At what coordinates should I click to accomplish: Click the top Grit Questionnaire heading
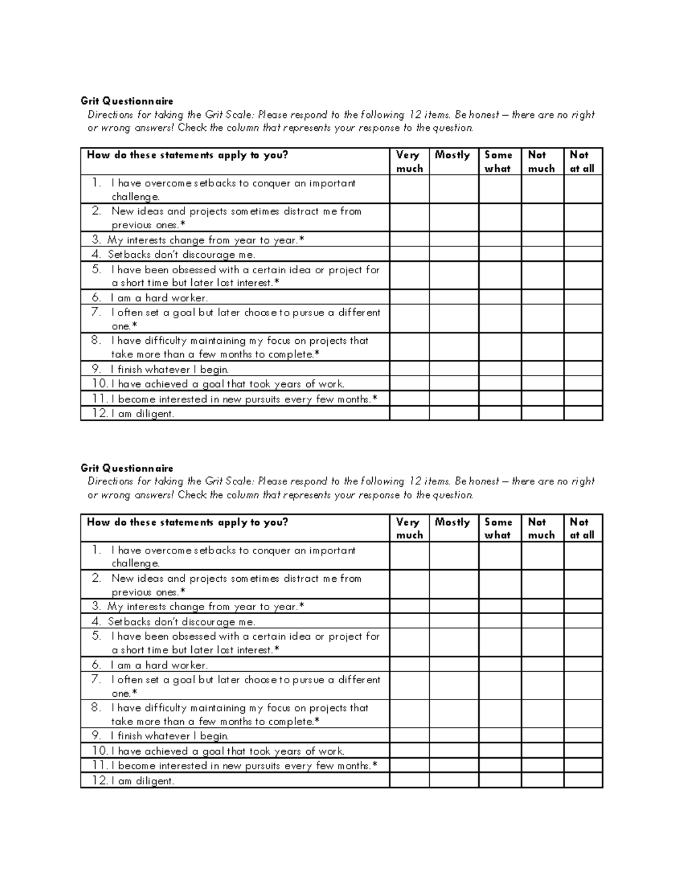tap(127, 101)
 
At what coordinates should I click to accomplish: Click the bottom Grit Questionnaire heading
tap(127, 468)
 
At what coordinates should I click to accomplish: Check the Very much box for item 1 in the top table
tap(409, 190)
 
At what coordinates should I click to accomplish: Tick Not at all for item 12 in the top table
tap(583, 413)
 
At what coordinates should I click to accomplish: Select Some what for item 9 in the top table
tap(500, 369)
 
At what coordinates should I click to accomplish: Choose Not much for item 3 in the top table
tap(542, 240)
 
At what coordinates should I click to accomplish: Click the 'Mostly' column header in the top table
tap(452, 155)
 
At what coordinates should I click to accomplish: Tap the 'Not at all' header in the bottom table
tap(582, 528)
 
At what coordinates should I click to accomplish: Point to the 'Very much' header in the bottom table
tap(409, 528)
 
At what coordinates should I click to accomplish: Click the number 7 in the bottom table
tap(96, 679)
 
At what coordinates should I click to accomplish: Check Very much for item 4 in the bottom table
tap(409, 621)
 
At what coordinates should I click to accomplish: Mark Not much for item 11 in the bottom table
tap(542, 766)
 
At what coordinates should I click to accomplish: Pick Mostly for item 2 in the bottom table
tap(454, 585)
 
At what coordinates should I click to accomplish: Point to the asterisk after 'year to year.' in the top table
tap(302, 239)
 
